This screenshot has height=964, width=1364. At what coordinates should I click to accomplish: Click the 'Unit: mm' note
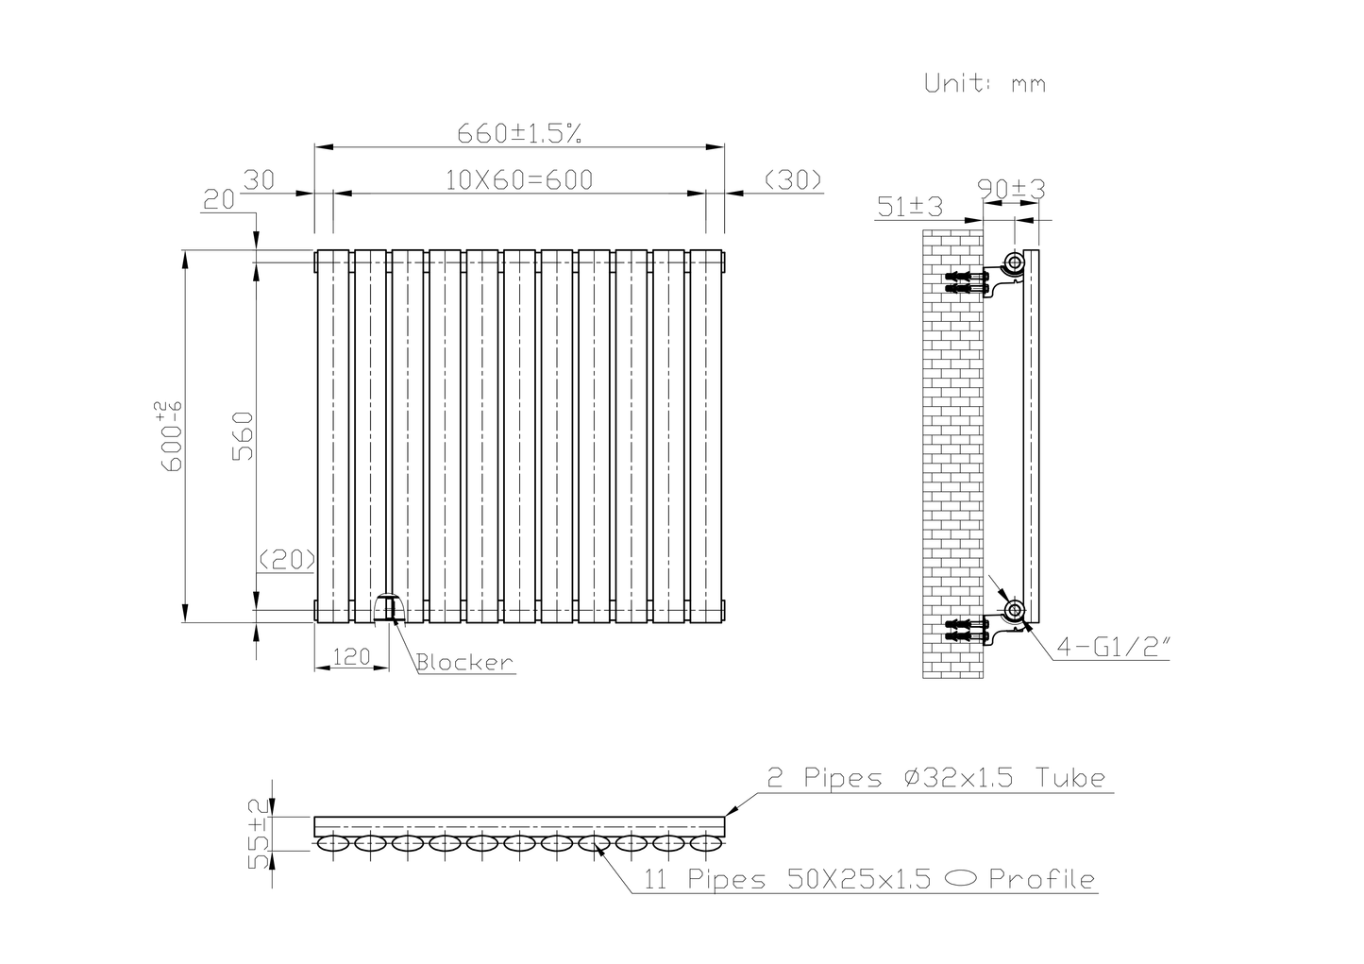tap(985, 83)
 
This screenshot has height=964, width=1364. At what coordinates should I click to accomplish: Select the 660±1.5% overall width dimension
tap(518, 133)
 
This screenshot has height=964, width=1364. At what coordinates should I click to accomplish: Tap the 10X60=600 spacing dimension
tap(518, 179)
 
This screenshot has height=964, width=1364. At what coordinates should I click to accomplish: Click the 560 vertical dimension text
tap(243, 435)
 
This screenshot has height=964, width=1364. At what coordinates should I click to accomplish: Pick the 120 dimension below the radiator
tap(350, 656)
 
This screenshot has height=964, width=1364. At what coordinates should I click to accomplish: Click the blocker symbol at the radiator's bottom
tap(388, 608)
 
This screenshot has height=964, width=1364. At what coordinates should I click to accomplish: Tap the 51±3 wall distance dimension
tap(910, 206)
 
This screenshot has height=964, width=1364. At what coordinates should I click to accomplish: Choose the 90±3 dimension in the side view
tap(1012, 189)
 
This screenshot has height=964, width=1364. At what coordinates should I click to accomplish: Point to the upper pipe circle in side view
tap(1014, 262)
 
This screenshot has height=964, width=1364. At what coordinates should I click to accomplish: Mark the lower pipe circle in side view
tap(1014, 611)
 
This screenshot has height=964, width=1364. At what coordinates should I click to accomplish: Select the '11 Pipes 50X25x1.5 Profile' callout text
tap(869, 880)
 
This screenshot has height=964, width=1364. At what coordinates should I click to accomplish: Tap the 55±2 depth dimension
tap(256, 834)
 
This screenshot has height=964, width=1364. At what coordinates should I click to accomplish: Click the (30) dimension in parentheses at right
tap(791, 179)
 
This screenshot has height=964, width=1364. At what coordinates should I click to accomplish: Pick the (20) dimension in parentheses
tap(286, 559)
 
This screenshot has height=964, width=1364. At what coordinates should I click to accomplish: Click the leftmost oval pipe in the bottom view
tap(332, 843)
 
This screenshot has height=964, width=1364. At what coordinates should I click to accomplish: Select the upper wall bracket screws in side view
tap(965, 281)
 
